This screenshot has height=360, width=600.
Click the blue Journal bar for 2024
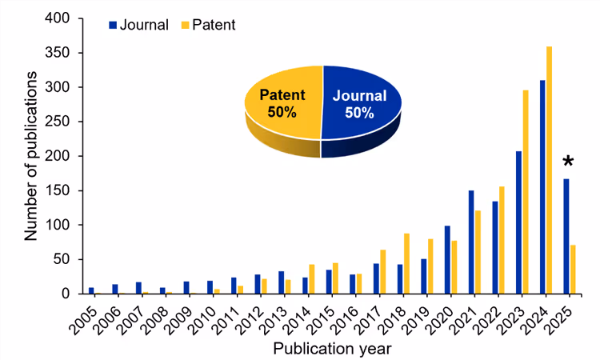(543, 187)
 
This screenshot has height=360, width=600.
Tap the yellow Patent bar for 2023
(526, 192)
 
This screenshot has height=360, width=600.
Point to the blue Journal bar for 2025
(566, 236)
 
